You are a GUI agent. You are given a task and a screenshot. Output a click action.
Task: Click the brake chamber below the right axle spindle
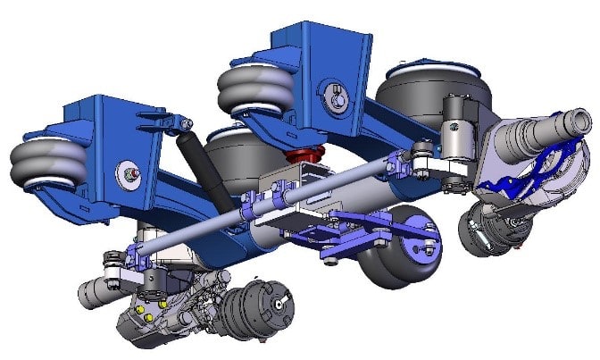click(x=487, y=231)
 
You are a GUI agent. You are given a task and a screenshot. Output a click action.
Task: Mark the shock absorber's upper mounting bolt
click(x=182, y=122)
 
